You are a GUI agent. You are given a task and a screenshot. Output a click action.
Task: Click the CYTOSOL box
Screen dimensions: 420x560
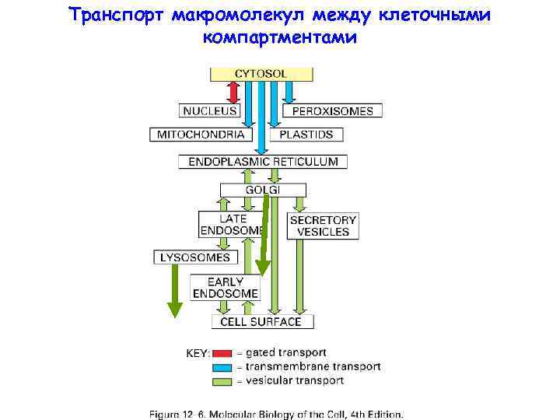coord(261,74)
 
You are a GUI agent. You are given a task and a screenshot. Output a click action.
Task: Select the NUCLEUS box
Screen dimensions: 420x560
coord(210,111)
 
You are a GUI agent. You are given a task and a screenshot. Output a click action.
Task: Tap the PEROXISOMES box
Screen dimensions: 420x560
coord(332,111)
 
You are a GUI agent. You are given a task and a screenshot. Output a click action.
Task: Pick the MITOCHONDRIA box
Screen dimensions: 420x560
coord(201,135)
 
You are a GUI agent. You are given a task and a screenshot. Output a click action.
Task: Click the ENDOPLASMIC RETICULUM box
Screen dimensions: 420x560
coord(263,162)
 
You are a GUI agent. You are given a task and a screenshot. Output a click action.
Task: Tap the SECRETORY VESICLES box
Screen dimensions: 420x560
coord(323,225)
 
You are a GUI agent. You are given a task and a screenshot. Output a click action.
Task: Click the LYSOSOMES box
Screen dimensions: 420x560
coord(194,257)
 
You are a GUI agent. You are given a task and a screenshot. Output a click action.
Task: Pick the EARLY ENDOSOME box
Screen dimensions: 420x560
coord(232,288)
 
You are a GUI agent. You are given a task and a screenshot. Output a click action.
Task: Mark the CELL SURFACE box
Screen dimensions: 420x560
coord(261,321)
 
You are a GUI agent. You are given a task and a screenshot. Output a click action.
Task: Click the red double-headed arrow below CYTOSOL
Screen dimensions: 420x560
coord(233,92)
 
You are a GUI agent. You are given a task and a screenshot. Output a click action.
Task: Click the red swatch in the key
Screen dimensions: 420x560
coord(223,353)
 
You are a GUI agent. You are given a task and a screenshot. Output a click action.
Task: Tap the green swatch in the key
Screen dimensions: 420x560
coord(223,381)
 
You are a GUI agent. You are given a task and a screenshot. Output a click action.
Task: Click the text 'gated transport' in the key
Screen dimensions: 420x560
coord(285,353)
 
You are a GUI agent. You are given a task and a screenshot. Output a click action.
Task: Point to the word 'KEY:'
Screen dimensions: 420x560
coord(198,353)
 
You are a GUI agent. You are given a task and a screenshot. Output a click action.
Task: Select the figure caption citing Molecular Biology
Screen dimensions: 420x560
coord(277,414)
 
